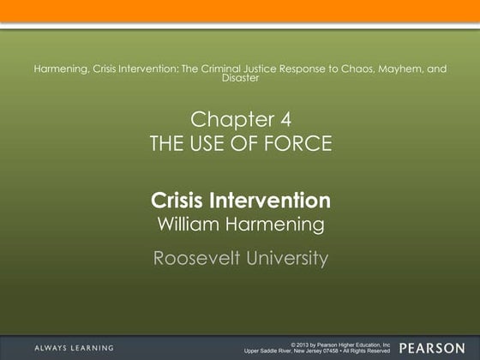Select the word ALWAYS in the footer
pos(52,348)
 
